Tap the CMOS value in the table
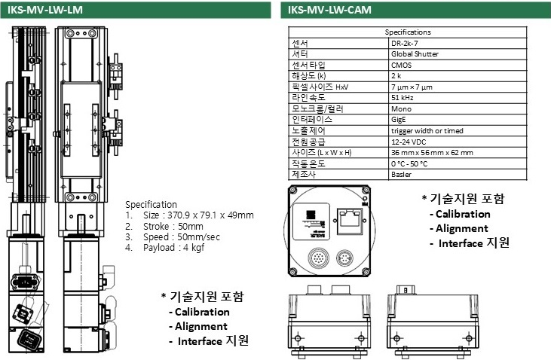point(402,65)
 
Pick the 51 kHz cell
point(401,97)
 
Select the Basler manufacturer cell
point(401,174)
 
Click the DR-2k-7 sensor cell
point(405,43)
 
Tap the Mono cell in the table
point(400,108)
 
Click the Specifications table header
point(408,32)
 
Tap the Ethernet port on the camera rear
point(350,219)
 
